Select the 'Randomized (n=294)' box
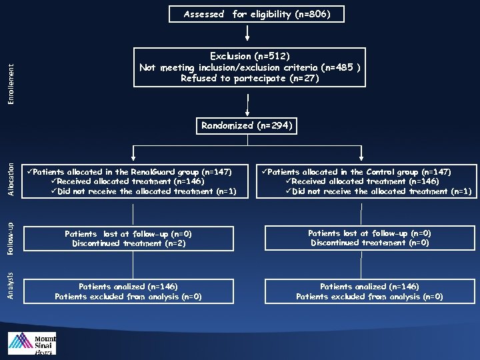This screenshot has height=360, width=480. [247, 125]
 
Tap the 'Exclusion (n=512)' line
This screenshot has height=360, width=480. [249, 56]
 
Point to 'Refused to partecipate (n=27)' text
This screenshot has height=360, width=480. [250, 78]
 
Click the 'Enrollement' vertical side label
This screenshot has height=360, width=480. [10, 83]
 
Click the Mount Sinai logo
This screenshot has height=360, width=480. [32, 343]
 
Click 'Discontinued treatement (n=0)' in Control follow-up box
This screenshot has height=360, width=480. [370, 243]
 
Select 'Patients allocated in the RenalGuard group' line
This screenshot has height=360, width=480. [132, 172]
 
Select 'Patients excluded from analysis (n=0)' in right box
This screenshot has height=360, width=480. [369, 297]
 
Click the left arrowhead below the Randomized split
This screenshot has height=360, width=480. [134, 159]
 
